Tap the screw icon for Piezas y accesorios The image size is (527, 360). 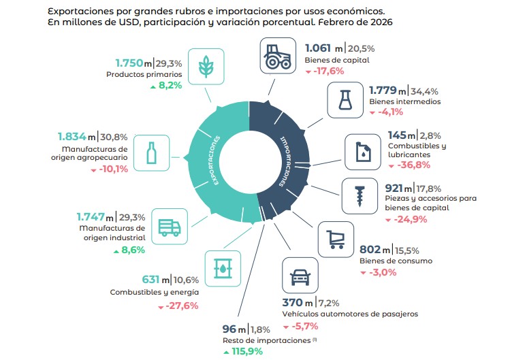[x=361, y=195]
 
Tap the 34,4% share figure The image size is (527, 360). [x=426, y=91]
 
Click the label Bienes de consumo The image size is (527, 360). [x=396, y=261]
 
